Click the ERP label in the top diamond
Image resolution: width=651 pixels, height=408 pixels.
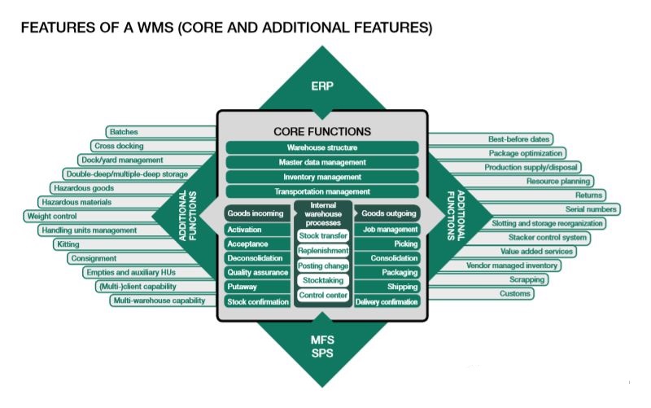pos(322,86)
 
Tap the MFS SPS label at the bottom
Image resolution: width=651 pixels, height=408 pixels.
pos(322,346)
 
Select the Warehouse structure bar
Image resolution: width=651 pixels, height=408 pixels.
pos(322,147)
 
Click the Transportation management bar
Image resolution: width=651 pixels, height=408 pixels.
pos(322,191)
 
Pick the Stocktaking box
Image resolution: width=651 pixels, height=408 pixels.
pos(323,280)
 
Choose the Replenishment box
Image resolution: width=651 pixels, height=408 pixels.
pos(323,251)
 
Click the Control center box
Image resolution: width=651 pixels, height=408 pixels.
pos(323,295)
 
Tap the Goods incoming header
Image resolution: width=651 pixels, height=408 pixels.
pos(257,213)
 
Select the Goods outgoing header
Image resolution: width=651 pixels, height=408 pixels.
pos(387,213)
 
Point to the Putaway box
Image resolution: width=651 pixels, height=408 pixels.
pos(257,287)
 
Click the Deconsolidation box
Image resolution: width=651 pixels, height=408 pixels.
pos(257,258)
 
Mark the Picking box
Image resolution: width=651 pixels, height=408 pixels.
pos(387,243)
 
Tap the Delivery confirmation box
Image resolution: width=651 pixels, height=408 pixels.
pos(387,301)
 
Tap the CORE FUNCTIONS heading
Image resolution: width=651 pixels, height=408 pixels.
pos(322,132)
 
